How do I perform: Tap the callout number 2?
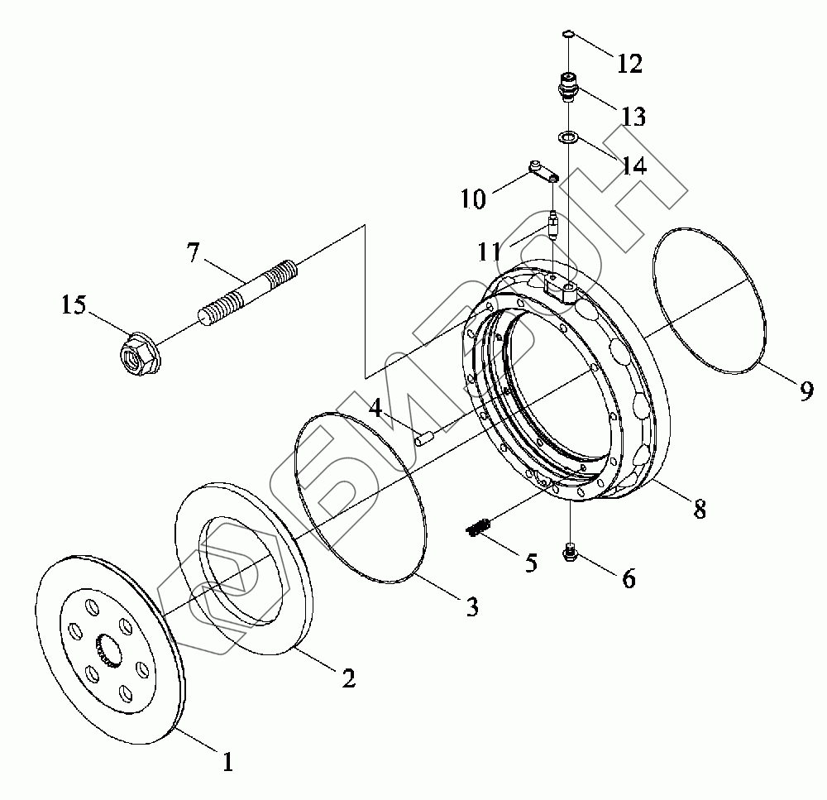[348, 678]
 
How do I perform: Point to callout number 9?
[806, 390]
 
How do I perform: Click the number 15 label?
[74, 305]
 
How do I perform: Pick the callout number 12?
[630, 64]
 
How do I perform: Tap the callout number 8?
[700, 510]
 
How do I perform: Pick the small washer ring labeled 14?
[567, 137]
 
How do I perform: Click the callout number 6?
[629, 579]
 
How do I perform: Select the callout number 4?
[375, 407]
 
